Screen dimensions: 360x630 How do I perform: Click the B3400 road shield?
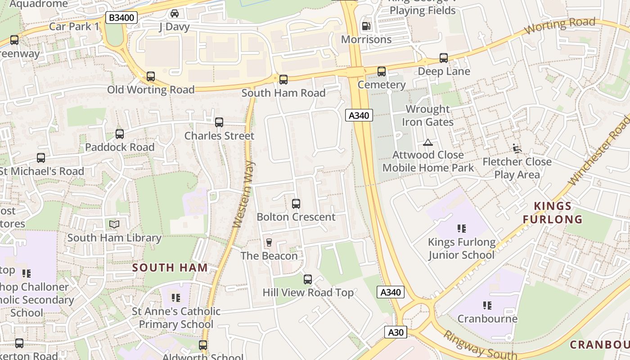(x=121, y=18)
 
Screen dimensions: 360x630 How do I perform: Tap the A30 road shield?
(x=396, y=333)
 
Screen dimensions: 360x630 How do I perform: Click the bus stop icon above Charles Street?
(x=219, y=122)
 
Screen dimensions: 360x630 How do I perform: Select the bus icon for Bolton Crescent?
(x=296, y=204)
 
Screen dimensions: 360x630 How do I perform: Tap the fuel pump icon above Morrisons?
(x=367, y=26)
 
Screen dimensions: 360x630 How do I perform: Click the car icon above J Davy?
(x=174, y=13)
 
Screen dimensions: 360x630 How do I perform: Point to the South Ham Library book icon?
(x=114, y=224)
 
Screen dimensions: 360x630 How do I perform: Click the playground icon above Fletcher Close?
(x=517, y=148)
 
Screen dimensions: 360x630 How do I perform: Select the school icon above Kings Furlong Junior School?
(x=461, y=229)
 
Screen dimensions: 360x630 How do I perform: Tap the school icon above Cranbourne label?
(x=487, y=306)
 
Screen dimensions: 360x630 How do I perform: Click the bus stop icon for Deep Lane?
(x=444, y=58)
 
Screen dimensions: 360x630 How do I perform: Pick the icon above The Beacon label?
(x=269, y=243)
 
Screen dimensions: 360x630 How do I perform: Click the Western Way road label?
(x=243, y=193)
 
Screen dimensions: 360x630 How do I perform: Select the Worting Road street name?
(x=560, y=26)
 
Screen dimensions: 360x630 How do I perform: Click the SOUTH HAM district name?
(x=170, y=268)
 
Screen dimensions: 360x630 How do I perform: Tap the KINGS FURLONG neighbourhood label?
(x=553, y=213)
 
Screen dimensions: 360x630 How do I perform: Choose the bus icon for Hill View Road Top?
(x=308, y=279)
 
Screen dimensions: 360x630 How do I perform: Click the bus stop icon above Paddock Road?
(x=120, y=134)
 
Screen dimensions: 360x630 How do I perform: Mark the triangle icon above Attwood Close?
(x=427, y=143)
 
